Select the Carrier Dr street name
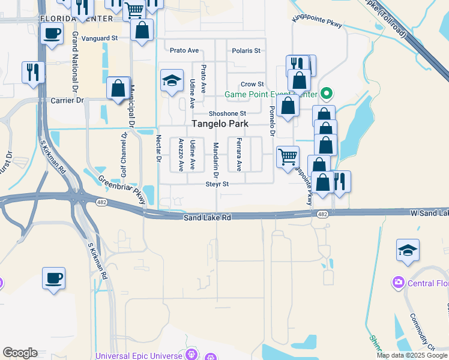coord(67,100)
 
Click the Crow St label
coord(252,84)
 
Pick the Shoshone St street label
coord(228,113)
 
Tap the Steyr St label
coord(217,184)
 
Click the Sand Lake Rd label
coord(208,218)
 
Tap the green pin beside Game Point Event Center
coord(327,94)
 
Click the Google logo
coord(20,353)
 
